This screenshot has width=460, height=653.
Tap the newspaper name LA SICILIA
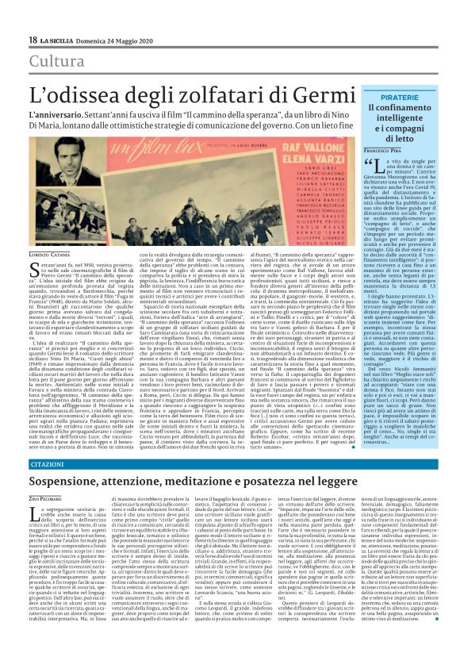point(61,40)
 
